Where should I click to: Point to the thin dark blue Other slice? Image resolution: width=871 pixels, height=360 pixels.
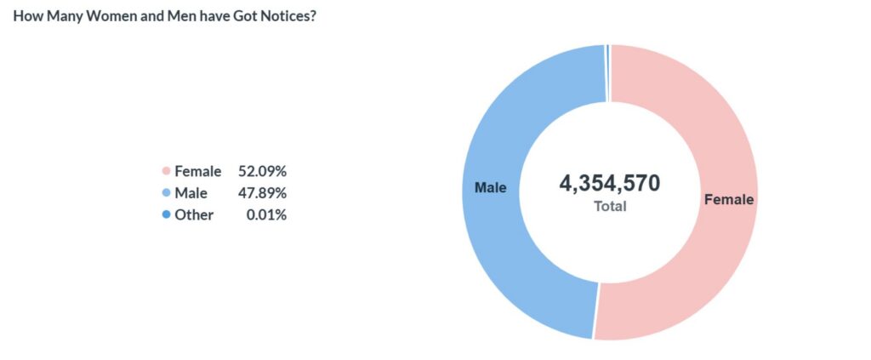(608, 73)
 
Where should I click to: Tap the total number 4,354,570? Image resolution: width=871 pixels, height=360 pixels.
(609, 183)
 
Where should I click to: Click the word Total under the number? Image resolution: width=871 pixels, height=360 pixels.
(610, 206)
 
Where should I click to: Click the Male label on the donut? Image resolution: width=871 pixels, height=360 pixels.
(491, 188)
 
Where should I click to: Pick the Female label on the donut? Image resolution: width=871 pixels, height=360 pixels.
(729, 199)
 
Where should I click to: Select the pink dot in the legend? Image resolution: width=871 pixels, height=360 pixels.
(166, 171)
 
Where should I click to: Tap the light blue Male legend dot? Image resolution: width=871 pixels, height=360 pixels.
(166, 193)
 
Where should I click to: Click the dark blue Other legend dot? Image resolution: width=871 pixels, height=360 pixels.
(166, 215)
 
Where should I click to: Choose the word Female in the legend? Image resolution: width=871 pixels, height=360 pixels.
(197, 171)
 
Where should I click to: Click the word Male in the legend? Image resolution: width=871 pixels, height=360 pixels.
(191, 193)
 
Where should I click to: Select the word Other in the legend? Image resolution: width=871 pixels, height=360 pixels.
(194, 215)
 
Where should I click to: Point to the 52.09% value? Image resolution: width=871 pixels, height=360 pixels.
(262, 171)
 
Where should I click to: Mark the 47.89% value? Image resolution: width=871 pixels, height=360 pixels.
(262, 193)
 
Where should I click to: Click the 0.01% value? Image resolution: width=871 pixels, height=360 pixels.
(266, 215)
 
